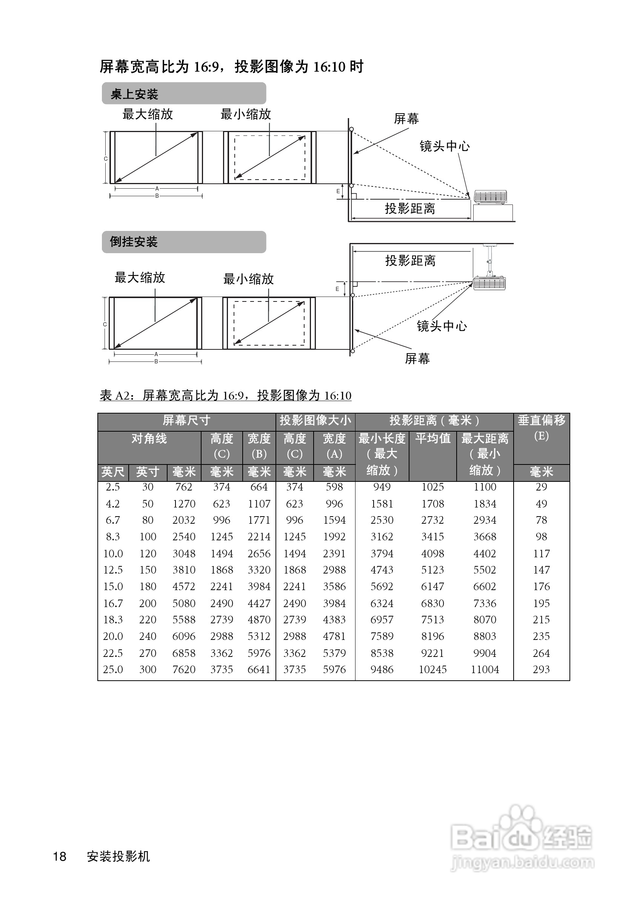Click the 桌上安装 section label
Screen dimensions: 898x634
[134, 94]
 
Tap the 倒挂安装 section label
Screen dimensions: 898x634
[133, 242]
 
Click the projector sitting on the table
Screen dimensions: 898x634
[490, 197]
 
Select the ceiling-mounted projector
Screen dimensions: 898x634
[489, 283]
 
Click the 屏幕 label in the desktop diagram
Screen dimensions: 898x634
[406, 118]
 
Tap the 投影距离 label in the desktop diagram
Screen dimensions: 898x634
[410, 208]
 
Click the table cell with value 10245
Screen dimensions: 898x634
[432, 669]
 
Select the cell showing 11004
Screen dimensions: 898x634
[485, 669]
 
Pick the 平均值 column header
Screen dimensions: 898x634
[432, 438]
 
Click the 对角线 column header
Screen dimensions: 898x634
[149, 438]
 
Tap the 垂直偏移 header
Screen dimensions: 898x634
[541, 420]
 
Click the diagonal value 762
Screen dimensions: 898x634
[183, 487]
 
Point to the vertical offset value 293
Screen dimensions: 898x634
[541, 669]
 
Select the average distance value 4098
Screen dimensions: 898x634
[432, 554]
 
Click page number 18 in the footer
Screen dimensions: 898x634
[60, 856]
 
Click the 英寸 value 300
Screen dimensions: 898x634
[148, 669]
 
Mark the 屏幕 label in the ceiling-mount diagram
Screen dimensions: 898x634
[417, 358]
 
